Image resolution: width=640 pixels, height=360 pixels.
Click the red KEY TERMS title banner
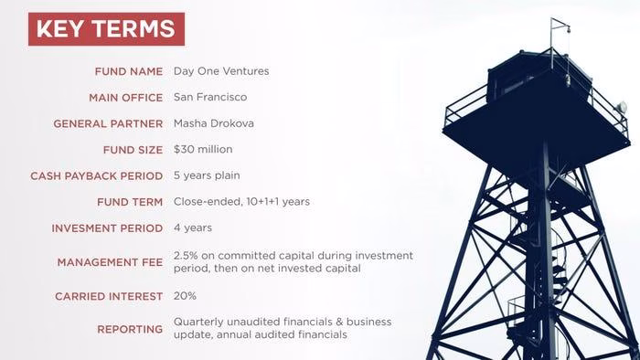[106, 29]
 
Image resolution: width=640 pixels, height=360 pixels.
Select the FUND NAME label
[129, 72]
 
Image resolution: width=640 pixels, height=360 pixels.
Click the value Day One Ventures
[221, 71]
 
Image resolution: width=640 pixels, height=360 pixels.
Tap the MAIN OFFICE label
[126, 98]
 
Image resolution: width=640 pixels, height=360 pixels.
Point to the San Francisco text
[210, 97]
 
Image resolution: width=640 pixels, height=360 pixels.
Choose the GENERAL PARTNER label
[108, 124]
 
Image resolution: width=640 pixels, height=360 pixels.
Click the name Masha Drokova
[213, 123]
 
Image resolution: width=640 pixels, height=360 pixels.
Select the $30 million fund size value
[203, 149]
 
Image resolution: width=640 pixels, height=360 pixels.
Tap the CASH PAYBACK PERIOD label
[96, 176]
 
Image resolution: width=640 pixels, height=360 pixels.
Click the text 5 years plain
[207, 175]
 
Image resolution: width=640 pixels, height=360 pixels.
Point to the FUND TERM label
[130, 202]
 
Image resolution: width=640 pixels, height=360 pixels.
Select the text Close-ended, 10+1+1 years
[241, 202]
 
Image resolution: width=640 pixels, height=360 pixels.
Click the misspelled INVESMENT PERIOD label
[107, 228]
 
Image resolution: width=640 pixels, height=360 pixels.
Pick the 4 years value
[193, 228]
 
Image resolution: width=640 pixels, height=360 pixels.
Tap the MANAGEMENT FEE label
[110, 262]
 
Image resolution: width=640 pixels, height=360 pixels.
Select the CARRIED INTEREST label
[109, 296]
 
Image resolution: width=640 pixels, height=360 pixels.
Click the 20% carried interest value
[185, 295]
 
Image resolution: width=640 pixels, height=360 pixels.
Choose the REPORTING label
[130, 330]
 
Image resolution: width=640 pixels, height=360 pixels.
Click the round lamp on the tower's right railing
[621, 107]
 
